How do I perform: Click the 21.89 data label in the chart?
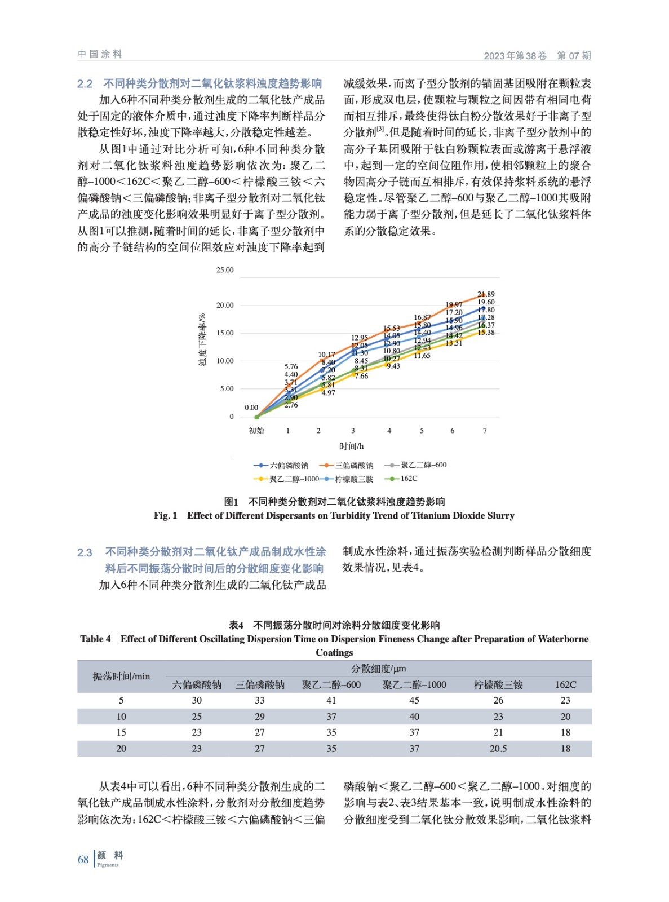point(485,294)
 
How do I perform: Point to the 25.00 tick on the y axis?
point(225,270)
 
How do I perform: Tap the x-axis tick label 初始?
point(256,431)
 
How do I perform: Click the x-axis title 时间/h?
point(351,446)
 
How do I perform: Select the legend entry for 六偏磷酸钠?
point(281,466)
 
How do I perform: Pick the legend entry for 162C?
point(401,479)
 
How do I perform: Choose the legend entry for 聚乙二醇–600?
point(415,465)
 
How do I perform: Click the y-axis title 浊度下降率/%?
point(202,340)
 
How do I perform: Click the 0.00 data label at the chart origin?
point(251,408)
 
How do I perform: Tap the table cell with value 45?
point(414,700)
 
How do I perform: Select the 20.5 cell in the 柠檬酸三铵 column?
point(498,749)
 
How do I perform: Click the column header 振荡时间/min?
point(121,676)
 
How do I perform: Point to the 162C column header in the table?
point(565,685)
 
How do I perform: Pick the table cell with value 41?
point(331,700)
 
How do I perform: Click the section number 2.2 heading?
point(85,84)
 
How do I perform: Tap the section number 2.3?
point(85,552)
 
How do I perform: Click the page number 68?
point(83,860)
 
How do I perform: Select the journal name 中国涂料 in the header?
point(100,54)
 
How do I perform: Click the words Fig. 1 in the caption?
point(165,515)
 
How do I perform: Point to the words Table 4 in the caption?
point(95,639)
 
